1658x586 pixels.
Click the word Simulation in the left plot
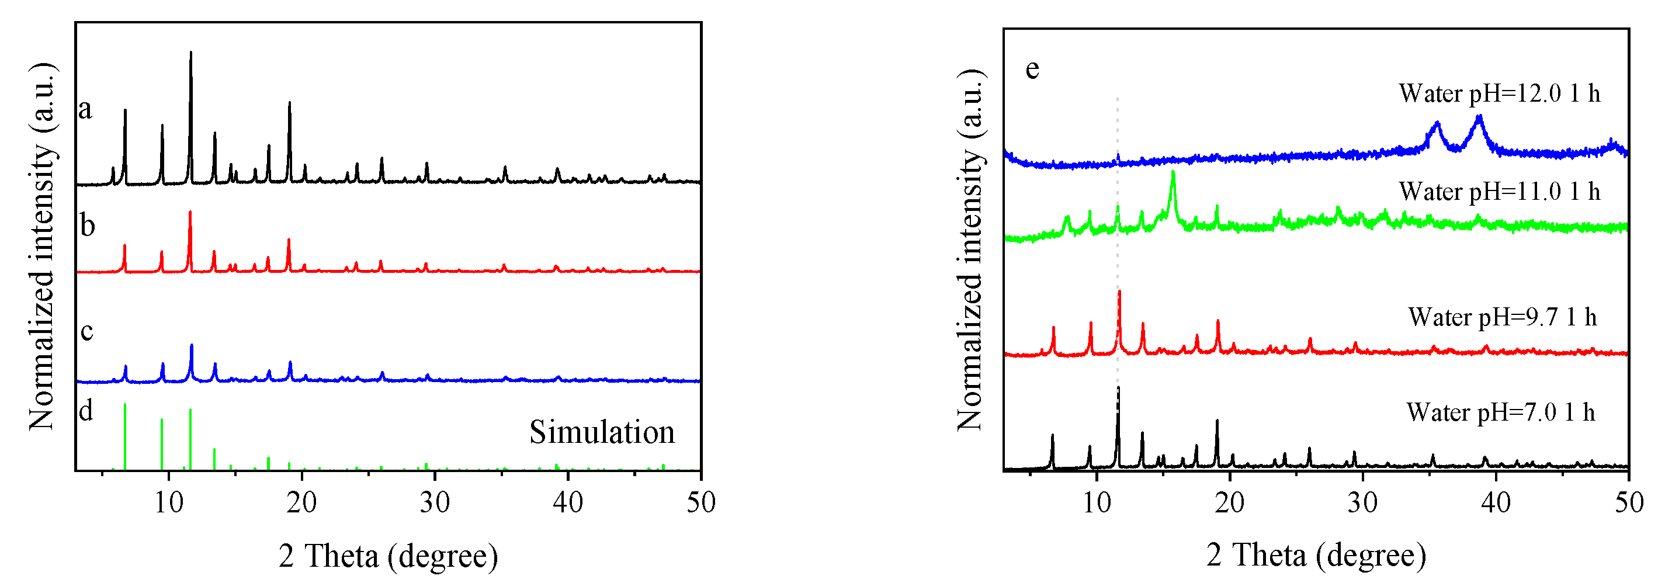(602, 432)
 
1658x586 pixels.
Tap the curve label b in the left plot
(88, 226)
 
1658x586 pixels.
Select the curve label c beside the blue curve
(87, 331)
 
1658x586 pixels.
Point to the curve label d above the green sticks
(86, 410)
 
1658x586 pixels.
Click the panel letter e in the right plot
(1032, 68)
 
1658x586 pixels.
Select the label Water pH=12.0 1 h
(1499, 94)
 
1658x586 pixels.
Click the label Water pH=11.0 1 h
(1499, 192)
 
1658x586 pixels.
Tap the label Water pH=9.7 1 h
(1502, 317)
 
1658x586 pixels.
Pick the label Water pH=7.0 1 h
(1500, 412)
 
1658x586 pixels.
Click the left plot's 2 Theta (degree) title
(388, 556)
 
